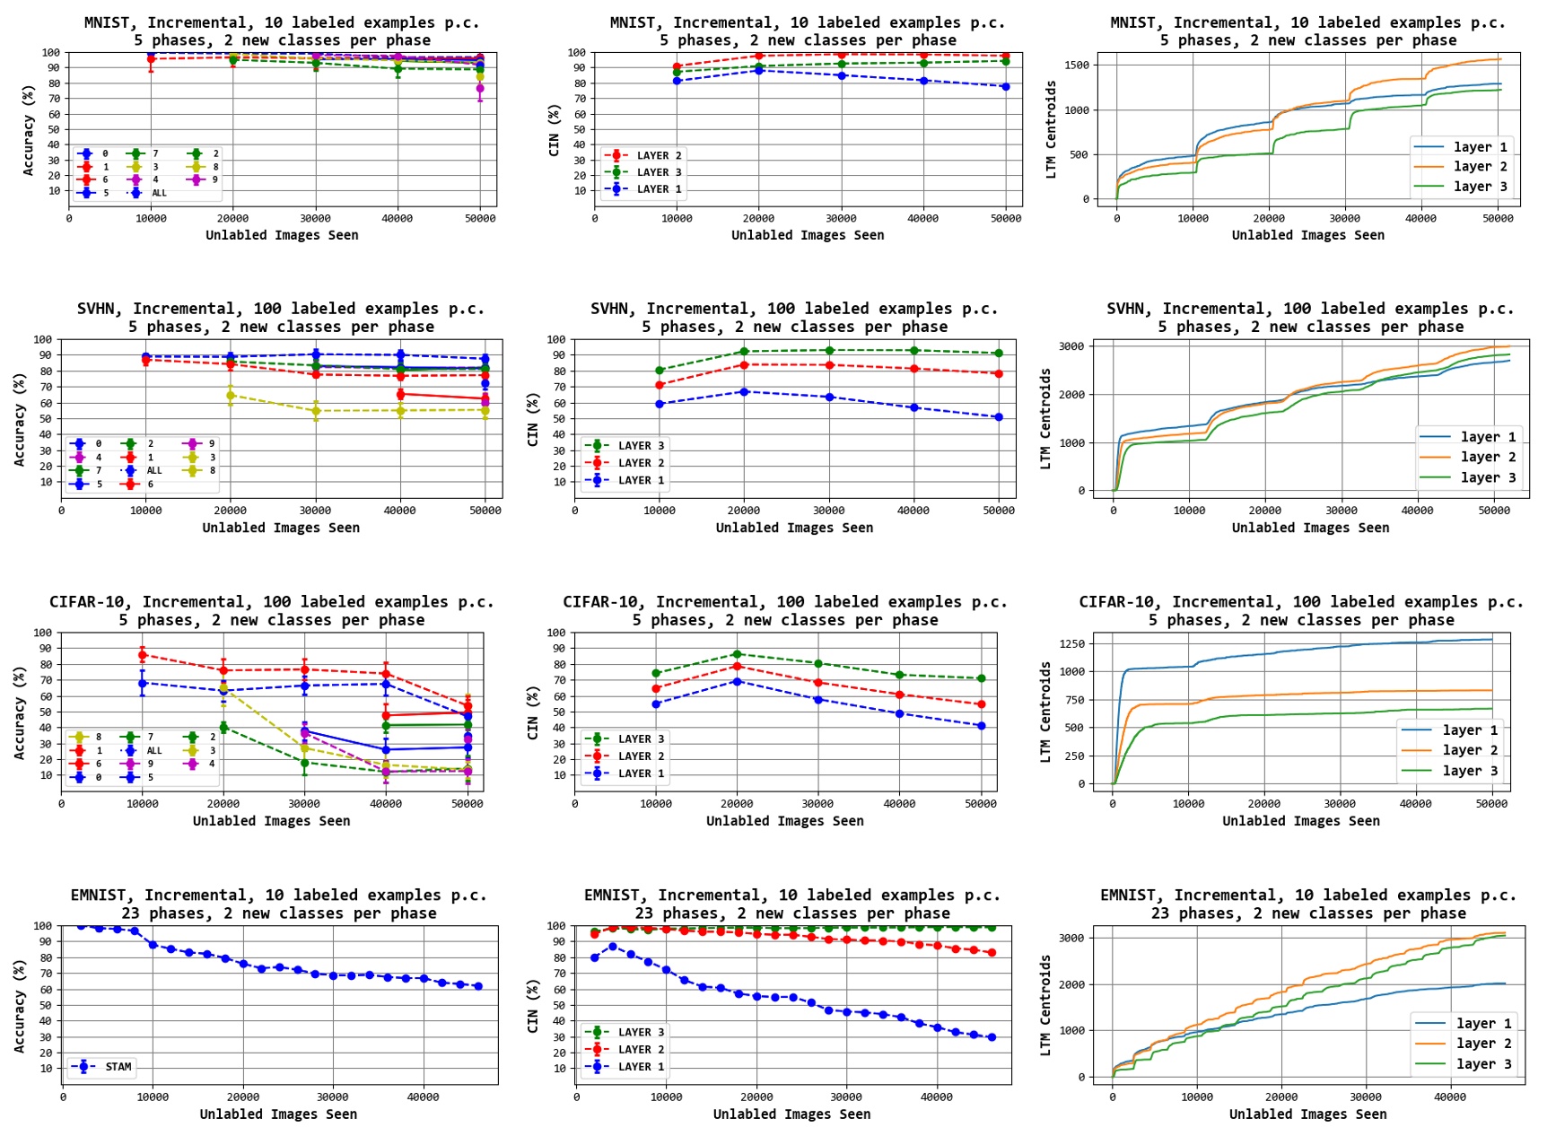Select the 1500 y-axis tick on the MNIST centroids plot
point(1077,65)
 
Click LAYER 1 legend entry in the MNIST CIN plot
point(659,189)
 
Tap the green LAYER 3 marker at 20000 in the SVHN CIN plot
point(744,352)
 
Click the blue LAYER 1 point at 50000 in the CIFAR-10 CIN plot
point(981,726)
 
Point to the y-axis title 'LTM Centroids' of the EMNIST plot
point(1045,1005)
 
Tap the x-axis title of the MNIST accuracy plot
point(282,235)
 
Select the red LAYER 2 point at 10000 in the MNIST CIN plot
point(677,67)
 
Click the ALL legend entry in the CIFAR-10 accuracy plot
point(154,750)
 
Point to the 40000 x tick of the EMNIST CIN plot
point(937,1097)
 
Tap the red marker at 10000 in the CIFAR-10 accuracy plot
point(143,656)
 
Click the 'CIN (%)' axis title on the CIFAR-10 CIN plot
point(533,713)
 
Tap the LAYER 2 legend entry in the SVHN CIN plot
point(641,463)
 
